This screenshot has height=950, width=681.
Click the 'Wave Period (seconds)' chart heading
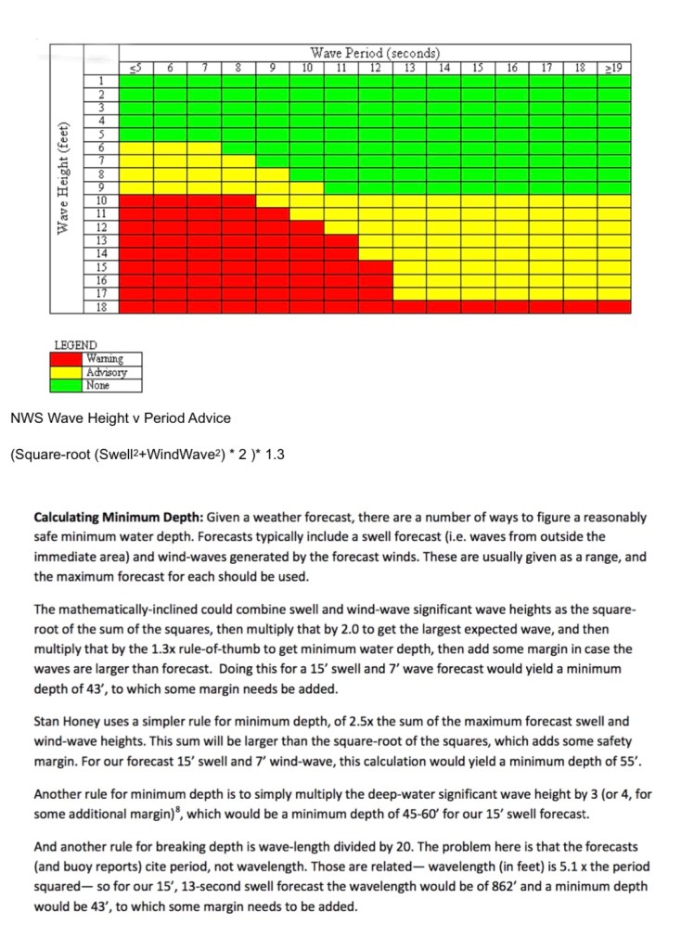coord(375,53)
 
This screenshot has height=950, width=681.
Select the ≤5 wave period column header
coord(135,67)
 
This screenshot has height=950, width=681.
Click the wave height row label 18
coord(102,306)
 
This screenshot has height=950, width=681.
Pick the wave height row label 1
coord(102,81)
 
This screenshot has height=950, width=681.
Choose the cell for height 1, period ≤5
coord(135,81)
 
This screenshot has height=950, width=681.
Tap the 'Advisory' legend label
coord(105,373)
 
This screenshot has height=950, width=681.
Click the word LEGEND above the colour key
coord(75,344)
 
